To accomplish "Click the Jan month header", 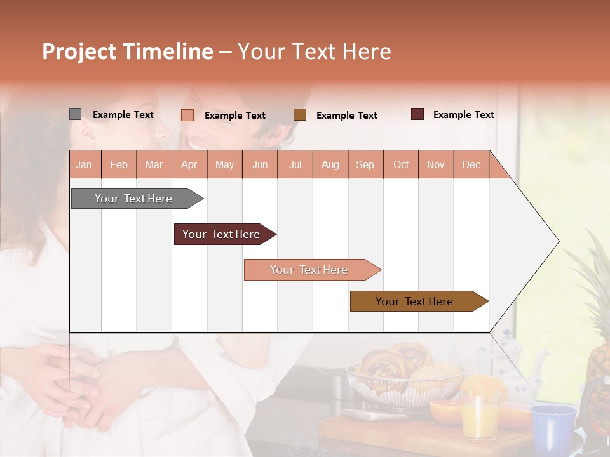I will point(85,165).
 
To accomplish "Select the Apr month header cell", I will point(189,165).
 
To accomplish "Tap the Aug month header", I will point(330,165).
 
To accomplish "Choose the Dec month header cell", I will point(471,165).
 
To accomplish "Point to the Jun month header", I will point(259,165).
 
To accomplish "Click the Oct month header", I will point(400,165).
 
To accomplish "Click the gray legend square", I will point(75,114).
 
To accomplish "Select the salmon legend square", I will point(187,115).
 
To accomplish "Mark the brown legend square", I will point(300,115).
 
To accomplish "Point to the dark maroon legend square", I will point(417,114).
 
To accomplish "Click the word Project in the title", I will point(79,51).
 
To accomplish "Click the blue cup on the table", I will point(552,425).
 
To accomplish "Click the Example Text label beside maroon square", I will point(463,115).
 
